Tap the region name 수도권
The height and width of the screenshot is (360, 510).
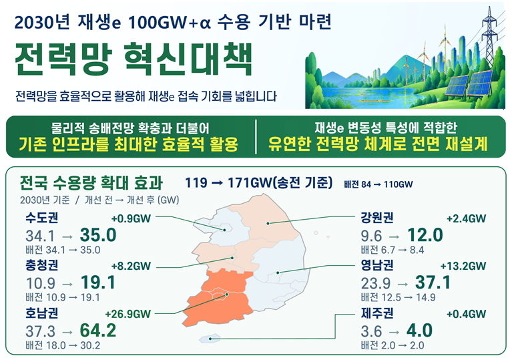[x=42, y=218]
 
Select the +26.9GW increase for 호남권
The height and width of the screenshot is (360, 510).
[x=128, y=314]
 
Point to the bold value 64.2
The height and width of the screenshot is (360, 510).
[x=98, y=330]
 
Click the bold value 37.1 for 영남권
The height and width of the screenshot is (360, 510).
[x=433, y=283]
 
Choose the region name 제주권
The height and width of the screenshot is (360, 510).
[x=377, y=313]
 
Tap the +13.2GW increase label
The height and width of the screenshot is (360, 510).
[x=463, y=266]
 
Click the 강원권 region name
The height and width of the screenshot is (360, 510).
[x=377, y=218]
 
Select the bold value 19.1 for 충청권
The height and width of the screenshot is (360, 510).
[x=98, y=283]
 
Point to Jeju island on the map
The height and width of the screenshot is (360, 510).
[x=210, y=339]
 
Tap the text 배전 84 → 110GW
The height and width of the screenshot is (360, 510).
[x=378, y=184]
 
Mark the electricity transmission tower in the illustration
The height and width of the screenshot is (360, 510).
[x=489, y=36]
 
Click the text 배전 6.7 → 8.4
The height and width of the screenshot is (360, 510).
[x=393, y=250]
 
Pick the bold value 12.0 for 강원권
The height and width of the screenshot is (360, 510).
[x=425, y=234]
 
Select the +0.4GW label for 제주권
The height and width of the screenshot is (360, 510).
[x=467, y=314]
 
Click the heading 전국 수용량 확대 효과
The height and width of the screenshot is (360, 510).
[x=91, y=182]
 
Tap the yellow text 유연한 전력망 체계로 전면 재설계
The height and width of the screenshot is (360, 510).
[x=378, y=144]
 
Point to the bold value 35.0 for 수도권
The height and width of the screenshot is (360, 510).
[x=98, y=234]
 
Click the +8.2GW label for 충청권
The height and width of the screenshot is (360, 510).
[x=131, y=266]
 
